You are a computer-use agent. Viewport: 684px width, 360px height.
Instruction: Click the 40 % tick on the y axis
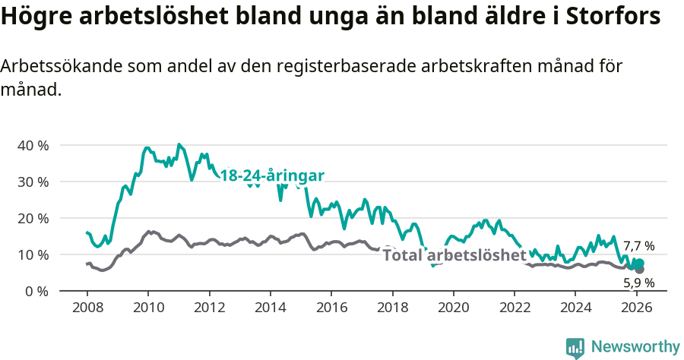(x=33, y=145)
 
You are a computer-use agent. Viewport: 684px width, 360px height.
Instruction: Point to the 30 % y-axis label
(x=33, y=182)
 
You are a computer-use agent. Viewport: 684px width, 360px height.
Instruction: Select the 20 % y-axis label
(x=33, y=218)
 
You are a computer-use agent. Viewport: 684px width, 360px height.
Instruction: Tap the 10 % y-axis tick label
(x=33, y=254)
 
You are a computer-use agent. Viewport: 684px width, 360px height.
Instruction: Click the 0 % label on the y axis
(x=36, y=291)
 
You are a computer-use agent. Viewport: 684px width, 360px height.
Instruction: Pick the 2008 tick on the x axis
(x=87, y=308)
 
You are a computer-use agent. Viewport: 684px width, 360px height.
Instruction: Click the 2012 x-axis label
(x=209, y=308)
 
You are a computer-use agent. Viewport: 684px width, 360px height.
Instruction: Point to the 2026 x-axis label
(x=635, y=308)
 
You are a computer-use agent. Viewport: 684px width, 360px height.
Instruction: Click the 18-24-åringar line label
(x=272, y=176)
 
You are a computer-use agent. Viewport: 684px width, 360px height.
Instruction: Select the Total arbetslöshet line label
(x=454, y=255)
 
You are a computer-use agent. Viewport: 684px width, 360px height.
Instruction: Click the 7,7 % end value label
(x=638, y=246)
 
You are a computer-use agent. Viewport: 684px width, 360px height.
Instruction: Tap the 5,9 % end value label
(x=638, y=283)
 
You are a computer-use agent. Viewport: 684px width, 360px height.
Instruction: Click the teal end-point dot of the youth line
(x=639, y=263)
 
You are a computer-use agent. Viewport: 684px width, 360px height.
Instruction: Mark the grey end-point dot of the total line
(x=639, y=270)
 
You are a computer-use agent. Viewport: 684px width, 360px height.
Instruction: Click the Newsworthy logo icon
(x=575, y=348)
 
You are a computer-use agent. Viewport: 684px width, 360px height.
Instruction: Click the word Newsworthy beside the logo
(x=635, y=347)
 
